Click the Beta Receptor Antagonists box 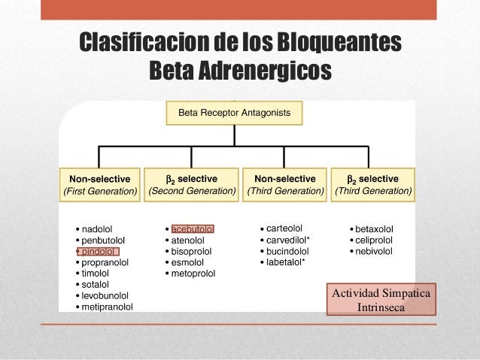point(238,114)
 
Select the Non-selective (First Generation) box point(100,185)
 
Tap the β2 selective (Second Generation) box point(192,185)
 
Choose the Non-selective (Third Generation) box point(285,185)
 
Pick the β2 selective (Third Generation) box point(374,185)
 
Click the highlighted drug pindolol point(99,251)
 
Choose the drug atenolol point(188,240)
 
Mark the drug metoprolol point(193,274)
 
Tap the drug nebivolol point(375,250)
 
